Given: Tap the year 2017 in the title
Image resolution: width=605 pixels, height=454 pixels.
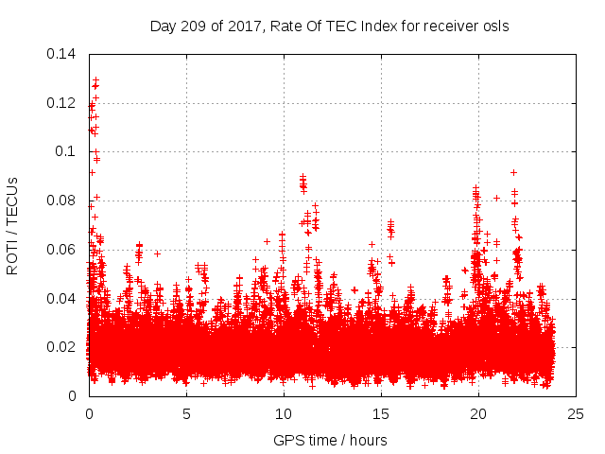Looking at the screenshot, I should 241,26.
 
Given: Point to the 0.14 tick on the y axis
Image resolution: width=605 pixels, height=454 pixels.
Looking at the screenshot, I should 62,53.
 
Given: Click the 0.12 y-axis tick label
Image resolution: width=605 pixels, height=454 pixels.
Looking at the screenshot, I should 62,102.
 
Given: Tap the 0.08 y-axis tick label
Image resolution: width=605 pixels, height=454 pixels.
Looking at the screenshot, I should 62,201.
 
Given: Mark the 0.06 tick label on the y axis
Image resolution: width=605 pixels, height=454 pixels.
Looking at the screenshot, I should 62,250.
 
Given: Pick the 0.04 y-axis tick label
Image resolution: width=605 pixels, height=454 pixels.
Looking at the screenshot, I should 62,299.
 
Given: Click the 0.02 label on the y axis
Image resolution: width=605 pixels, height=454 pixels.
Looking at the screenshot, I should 62,347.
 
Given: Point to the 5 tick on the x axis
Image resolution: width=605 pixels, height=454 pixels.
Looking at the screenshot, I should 186,413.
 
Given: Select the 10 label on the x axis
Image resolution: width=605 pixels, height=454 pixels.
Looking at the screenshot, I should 284,413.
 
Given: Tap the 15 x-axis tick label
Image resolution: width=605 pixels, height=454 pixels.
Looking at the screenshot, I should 381,413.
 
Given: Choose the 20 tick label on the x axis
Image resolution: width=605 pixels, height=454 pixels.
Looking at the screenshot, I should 478,413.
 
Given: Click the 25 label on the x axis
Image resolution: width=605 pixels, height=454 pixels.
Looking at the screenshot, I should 576,413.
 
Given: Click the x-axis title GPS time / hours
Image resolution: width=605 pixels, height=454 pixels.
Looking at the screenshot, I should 330,440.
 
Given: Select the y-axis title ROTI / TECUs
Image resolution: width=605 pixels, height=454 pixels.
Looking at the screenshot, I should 13,225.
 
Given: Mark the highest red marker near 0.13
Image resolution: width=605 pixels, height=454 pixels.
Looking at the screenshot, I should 95,79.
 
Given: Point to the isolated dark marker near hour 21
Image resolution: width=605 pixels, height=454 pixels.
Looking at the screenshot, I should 496,198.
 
